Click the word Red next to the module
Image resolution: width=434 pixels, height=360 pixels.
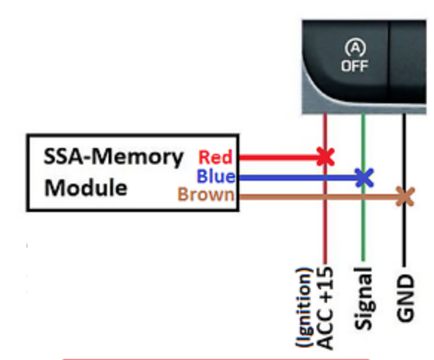(215, 157)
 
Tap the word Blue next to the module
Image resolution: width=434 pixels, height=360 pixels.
(216, 177)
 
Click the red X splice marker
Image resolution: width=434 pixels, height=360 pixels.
(325, 156)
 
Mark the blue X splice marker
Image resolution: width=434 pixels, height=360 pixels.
(363, 177)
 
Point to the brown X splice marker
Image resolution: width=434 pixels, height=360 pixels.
(404, 196)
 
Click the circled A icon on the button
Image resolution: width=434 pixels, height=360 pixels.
(355, 48)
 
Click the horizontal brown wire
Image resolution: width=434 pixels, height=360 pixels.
(312, 196)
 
